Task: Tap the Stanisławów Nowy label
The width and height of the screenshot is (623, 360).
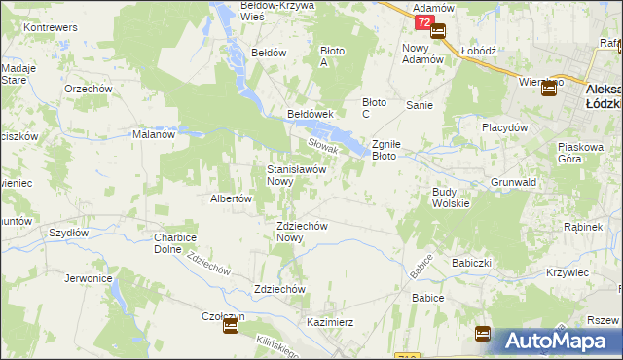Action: pyautogui.click(x=295, y=174)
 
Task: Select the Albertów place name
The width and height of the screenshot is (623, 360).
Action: pyautogui.click(x=232, y=198)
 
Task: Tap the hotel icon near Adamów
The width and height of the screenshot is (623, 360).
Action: pyautogui.click(x=437, y=31)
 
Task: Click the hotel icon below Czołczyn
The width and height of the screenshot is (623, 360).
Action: pyautogui.click(x=231, y=327)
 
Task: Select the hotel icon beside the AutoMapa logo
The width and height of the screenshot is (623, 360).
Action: pyautogui.click(x=483, y=334)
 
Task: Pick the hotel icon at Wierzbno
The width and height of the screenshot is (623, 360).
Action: pyautogui.click(x=548, y=88)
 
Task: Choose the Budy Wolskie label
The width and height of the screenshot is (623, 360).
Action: pyautogui.click(x=451, y=198)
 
